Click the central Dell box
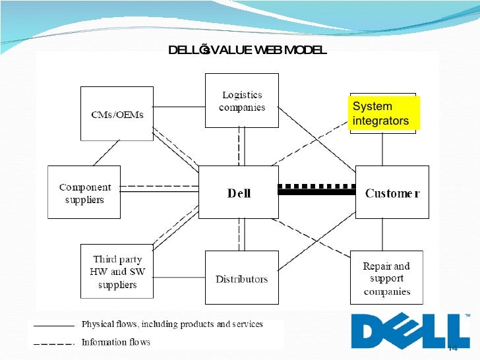pos(239,192)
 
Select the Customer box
pos(392,192)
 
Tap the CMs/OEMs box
pos(117,113)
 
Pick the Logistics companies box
pos(242,100)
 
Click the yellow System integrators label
pos(384,113)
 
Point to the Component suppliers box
pos(84,193)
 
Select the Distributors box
pos(241,278)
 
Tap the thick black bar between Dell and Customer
pos(317,193)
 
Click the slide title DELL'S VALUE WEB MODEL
pos(247,51)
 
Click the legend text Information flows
pos(115,342)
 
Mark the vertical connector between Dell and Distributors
pos(242,235)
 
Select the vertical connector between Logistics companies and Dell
pos(242,146)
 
